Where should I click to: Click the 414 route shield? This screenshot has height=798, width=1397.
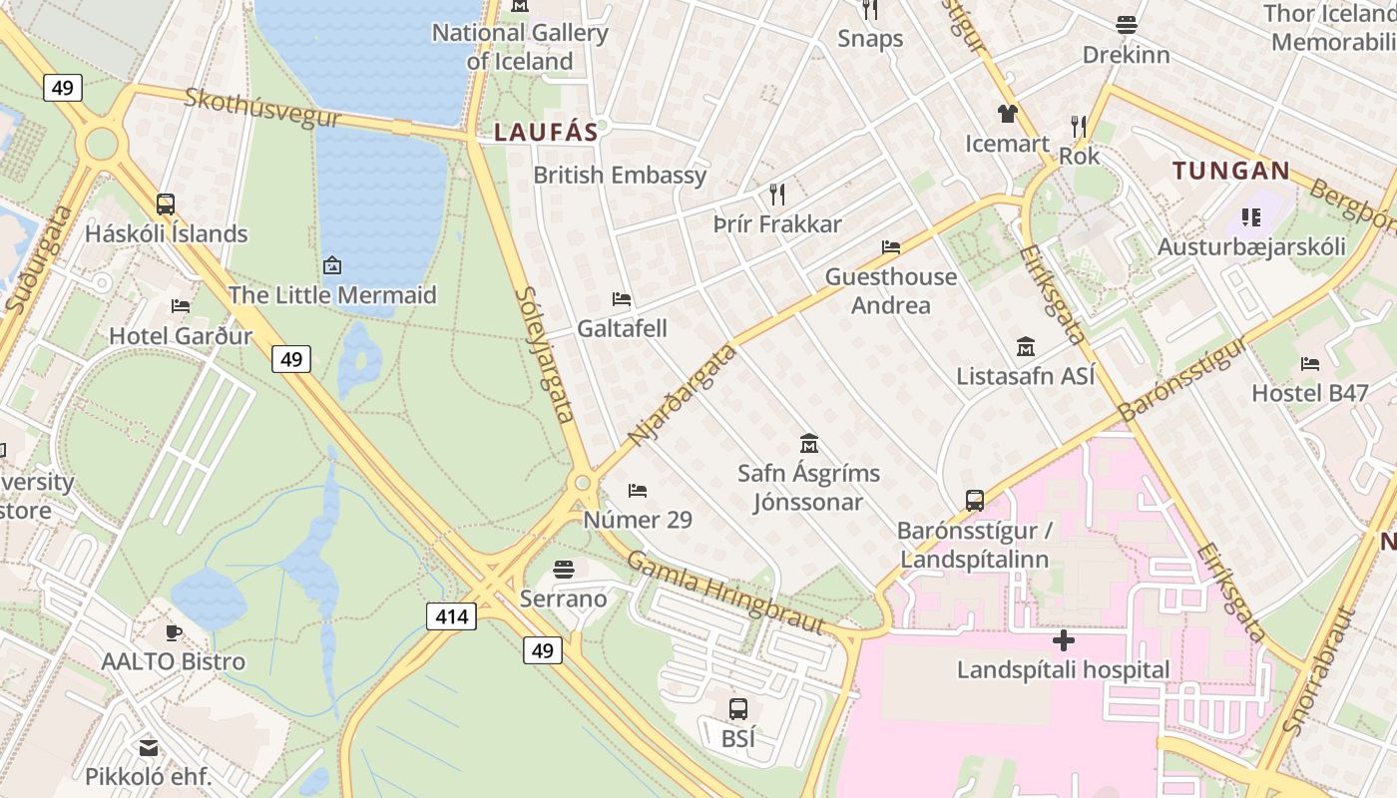point(451,616)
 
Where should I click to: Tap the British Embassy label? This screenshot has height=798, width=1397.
point(620,176)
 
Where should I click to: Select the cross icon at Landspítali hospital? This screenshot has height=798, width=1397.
point(1064,640)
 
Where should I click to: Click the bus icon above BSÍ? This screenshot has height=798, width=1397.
point(738,709)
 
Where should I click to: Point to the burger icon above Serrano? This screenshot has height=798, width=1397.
point(564,571)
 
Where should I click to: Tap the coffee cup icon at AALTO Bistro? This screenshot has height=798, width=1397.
point(174,632)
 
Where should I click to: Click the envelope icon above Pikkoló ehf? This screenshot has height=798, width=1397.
point(149,747)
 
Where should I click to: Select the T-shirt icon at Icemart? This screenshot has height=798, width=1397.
point(1007,114)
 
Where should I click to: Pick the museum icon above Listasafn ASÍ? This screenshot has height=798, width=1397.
point(1025,347)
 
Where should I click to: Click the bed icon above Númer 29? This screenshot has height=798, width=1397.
point(638,490)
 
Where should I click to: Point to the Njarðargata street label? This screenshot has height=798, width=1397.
point(683,395)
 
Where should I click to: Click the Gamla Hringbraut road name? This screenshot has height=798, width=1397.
point(725,592)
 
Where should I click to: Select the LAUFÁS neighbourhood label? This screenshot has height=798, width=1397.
point(546,132)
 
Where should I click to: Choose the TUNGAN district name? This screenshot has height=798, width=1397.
point(1231,171)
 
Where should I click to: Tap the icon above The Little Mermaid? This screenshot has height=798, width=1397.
point(332,265)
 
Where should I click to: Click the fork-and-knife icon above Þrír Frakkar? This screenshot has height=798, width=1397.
point(777,194)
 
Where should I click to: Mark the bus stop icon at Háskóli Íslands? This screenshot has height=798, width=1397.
point(166,204)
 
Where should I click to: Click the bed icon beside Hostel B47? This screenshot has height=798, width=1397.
point(1310,364)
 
